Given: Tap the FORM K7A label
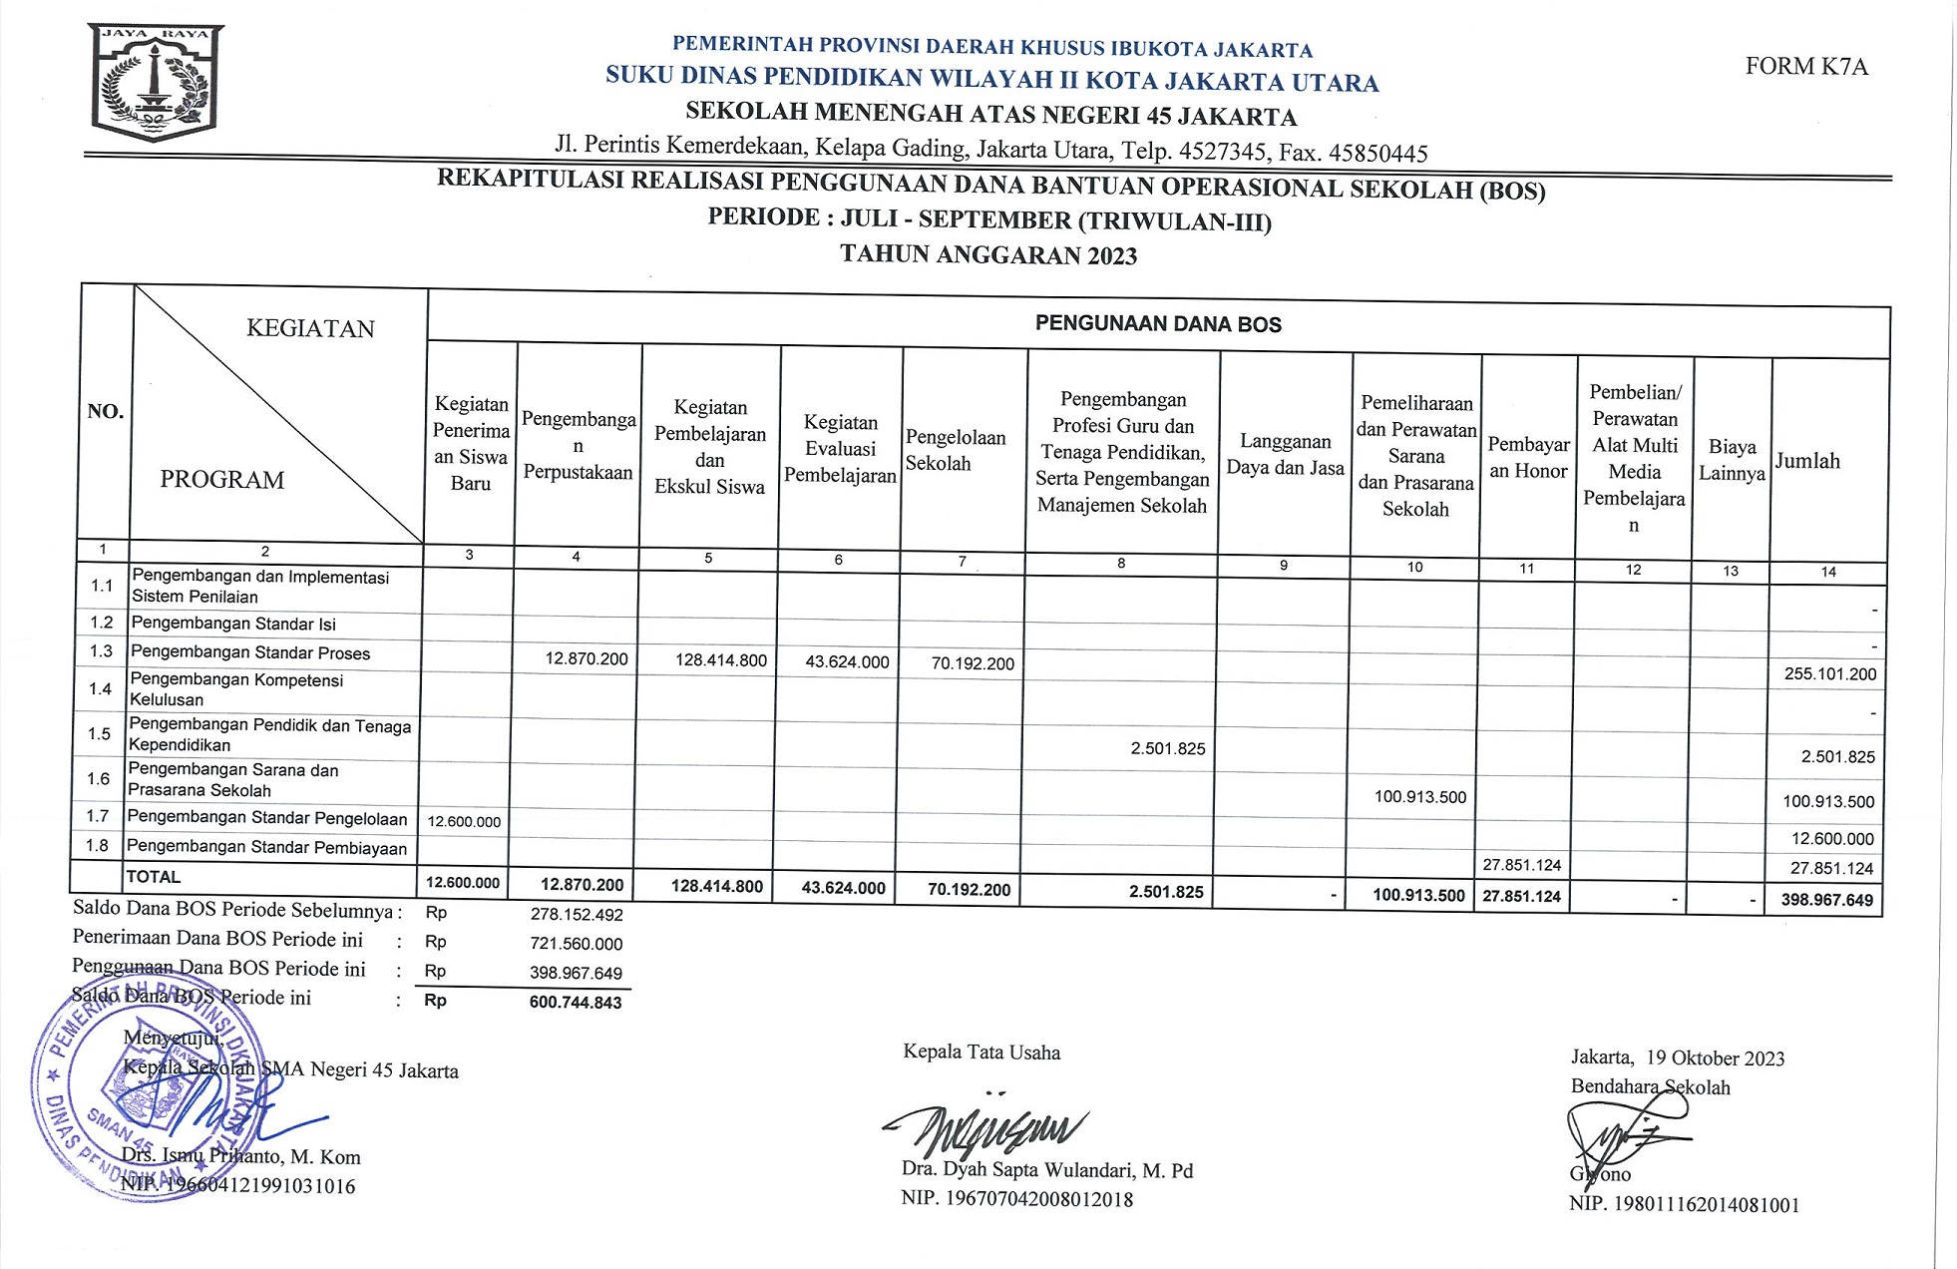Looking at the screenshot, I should tap(1805, 67).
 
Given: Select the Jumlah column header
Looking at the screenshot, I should tap(1807, 461).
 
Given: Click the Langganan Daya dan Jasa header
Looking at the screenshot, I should tap(1285, 455).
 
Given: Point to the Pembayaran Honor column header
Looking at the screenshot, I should tap(1528, 458).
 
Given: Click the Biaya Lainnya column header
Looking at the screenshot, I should tap(1732, 460).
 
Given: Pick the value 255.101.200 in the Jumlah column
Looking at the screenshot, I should tap(1829, 674).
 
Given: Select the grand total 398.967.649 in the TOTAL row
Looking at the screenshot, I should tap(1826, 900).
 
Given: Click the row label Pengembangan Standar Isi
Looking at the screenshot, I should tap(233, 625).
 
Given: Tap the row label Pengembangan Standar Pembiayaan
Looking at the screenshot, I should tap(266, 848).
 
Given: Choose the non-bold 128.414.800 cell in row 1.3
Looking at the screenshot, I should tap(720, 660).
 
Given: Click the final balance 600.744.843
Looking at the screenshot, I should tap(576, 1003).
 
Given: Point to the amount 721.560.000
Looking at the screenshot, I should tap(576, 944).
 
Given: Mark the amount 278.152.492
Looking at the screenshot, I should tap(576, 915).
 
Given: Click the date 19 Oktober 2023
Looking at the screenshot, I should tap(1715, 1058).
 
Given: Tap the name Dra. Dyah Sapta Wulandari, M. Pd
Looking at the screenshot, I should tap(1046, 1170).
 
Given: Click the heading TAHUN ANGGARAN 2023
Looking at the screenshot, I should tap(987, 254).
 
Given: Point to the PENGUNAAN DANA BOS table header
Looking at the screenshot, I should tap(1157, 324).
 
